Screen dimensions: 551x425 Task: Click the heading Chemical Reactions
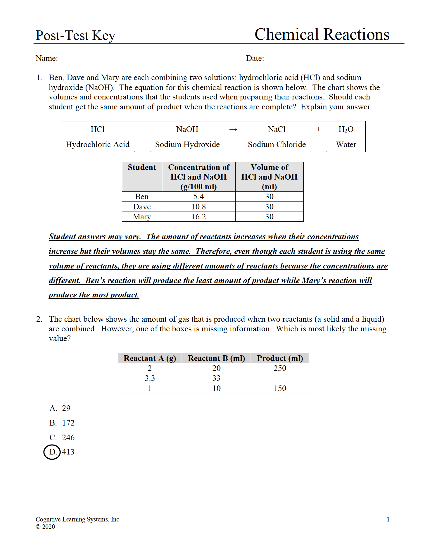tap(322, 35)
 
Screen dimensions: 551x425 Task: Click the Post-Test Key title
tap(75, 36)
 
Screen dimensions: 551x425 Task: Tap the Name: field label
tap(47, 58)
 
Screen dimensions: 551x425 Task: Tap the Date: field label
tap(255, 58)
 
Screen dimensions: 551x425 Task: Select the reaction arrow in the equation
tap(233, 130)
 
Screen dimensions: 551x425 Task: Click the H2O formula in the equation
tap(346, 130)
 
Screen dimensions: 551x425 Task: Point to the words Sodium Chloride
tap(277, 144)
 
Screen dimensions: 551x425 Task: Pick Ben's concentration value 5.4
tap(199, 197)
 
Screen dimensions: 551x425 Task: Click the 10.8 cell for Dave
tap(199, 207)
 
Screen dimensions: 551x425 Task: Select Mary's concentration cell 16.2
tap(199, 217)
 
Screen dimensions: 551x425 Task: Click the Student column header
tap(142, 168)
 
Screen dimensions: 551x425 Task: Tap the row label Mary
tap(142, 217)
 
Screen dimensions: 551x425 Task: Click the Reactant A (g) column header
tap(150, 358)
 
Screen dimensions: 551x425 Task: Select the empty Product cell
tap(280, 378)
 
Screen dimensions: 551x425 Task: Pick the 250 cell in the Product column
tap(280, 368)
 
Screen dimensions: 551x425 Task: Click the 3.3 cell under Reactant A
tap(150, 378)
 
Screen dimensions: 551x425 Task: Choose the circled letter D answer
tap(52, 452)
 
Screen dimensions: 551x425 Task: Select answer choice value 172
tap(68, 423)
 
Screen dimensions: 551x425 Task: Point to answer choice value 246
tap(68, 438)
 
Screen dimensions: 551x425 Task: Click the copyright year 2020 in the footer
tap(49, 527)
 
